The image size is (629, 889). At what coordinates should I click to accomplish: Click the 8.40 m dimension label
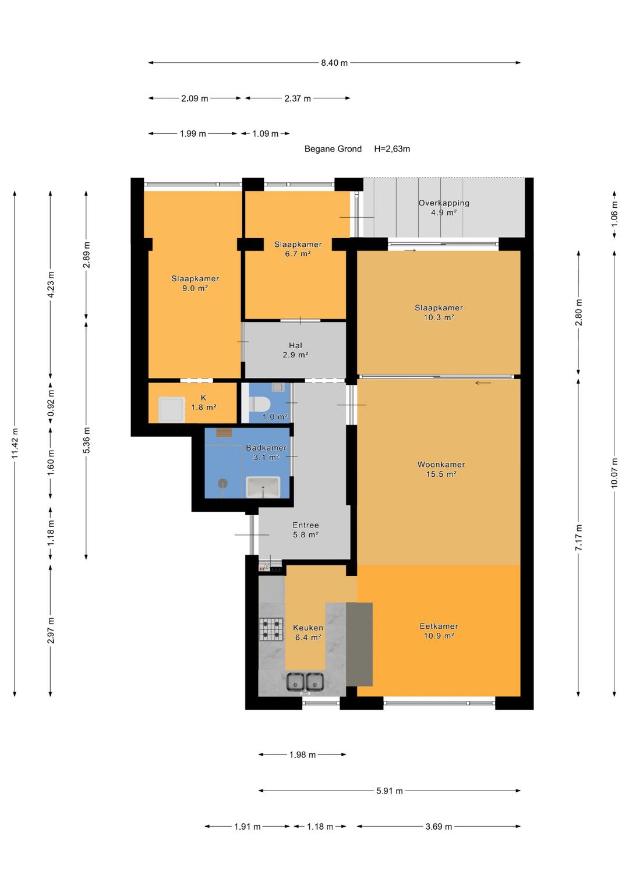pyautogui.click(x=334, y=63)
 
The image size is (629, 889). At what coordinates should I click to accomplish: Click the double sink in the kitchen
pyautogui.click(x=305, y=682)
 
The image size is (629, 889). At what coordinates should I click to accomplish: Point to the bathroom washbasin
pyautogui.click(x=263, y=487)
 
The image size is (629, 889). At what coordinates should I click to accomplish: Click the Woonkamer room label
pyautogui.click(x=441, y=465)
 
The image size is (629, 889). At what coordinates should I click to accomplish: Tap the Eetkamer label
pyautogui.click(x=439, y=626)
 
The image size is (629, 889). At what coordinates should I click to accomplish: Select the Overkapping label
pyautogui.click(x=444, y=203)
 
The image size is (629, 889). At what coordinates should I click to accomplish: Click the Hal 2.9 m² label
pyautogui.click(x=295, y=350)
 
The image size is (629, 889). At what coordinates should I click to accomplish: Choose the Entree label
pyautogui.click(x=305, y=525)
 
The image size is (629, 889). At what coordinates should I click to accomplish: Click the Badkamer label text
pyautogui.click(x=266, y=448)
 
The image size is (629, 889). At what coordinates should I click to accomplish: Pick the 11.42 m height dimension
pyautogui.click(x=15, y=443)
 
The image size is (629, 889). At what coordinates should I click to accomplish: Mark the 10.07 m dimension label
pyautogui.click(x=614, y=473)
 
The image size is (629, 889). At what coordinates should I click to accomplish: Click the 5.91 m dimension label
pyautogui.click(x=390, y=791)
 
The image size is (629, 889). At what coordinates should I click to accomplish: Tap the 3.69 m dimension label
pyautogui.click(x=439, y=827)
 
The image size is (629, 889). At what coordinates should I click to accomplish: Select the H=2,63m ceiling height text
pyautogui.click(x=392, y=149)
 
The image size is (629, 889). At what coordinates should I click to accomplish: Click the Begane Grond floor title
pyautogui.click(x=333, y=149)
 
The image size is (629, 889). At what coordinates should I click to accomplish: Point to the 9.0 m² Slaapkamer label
pyautogui.click(x=195, y=284)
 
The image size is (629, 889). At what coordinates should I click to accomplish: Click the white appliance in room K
pyautogui.click(x=172, y=409)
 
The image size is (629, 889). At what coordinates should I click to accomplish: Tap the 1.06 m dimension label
pyautogui.click(x=614, y=214)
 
